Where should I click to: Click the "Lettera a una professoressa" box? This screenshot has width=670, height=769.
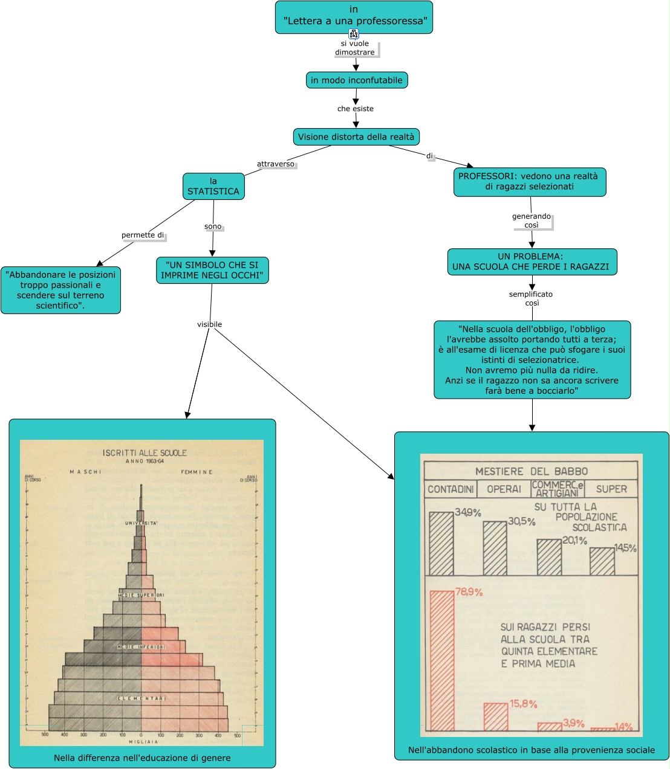pos(354,16)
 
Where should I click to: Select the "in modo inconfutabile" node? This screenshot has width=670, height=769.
pos(356,80)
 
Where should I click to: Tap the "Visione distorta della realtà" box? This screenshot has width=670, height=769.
pos(356,137)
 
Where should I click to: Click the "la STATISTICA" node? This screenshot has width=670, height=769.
pos(213,186)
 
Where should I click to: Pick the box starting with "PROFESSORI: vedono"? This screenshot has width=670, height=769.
pos(529,182)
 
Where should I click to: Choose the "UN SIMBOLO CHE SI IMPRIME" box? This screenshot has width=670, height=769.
pos(212,270)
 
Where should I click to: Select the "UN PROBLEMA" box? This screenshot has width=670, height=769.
pos(532,262)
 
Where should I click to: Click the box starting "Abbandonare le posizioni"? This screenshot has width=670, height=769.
pos(60,290)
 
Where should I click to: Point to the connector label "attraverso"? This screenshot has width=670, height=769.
pos(276,164)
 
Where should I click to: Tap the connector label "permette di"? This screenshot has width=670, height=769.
pos(143,235)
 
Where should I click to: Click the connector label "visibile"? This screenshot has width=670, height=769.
pos(209,324)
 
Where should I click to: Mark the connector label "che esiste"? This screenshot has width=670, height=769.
pos(356,109)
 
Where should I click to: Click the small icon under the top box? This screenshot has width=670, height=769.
pos(354,34)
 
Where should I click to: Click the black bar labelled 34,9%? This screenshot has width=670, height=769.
pos(441,543)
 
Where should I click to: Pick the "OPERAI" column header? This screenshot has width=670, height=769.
pos(504,489)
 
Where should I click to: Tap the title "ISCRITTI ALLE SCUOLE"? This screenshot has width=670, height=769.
pos(145,452)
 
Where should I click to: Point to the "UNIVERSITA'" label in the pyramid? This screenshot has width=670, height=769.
pos(141,523)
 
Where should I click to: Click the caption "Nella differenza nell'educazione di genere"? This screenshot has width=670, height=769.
pos(142,758)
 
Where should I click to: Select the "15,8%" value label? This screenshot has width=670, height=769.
pos(523,704)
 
